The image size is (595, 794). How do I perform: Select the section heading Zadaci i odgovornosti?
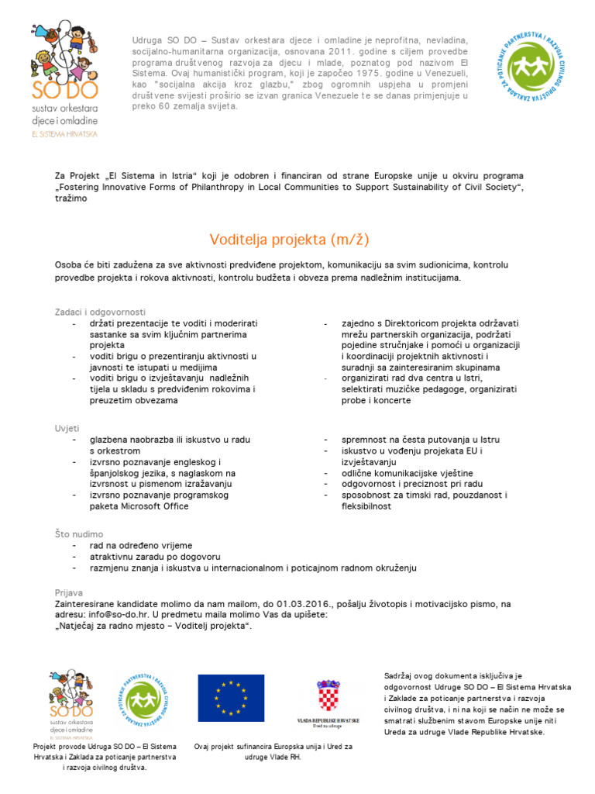coord(100,312)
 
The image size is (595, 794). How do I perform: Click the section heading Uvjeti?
coord(67,428)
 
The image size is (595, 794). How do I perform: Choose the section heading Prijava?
coord(70,592)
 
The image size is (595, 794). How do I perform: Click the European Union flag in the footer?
coord(230,697)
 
